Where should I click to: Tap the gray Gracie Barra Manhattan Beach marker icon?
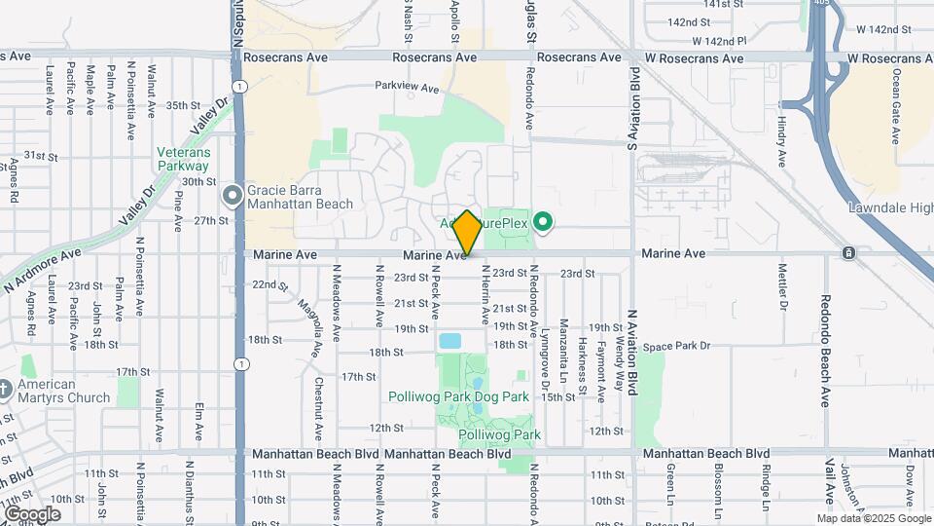click(x=232, y=197)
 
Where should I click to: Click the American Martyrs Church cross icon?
click(x=5, y=390)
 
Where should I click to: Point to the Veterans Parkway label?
click(x=184, y=159)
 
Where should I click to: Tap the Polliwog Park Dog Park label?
click(x=458, y=396)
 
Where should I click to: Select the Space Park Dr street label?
click(x=677, y=346)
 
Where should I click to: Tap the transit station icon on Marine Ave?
click(x=849, y=253)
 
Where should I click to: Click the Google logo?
click(x=32, y=514)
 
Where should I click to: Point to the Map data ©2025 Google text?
click(x=874, y=518)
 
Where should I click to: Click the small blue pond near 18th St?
click(x=449, y=342)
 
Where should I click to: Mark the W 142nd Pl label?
click(x=719, y=41)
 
